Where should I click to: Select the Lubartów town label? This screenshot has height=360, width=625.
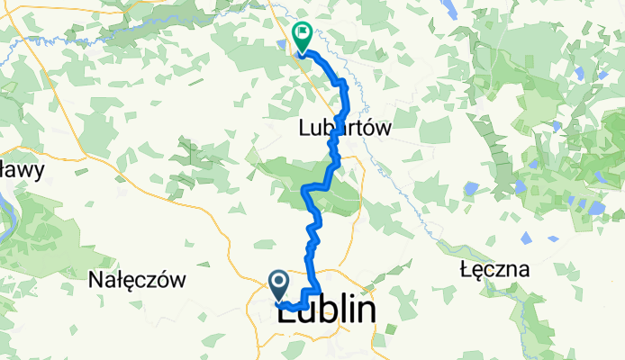coord(346,129)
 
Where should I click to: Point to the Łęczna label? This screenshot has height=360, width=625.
coord(493,269)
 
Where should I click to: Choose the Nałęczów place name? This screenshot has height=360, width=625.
coord(137,280)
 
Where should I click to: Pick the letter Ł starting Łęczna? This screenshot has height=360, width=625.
coord(464,269)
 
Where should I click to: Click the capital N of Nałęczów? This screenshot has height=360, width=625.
coord(95,280)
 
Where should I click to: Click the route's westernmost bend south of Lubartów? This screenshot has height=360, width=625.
coord(304,190)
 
